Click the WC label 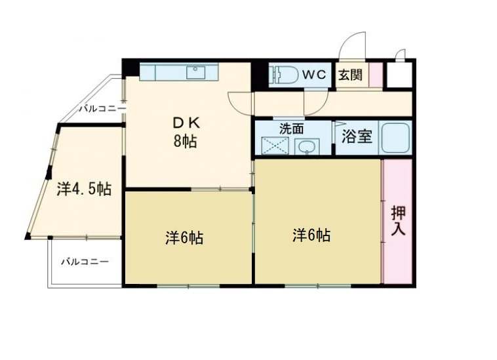pyautogui.click(x=313, y=75)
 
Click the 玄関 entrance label pyautogui.click(x=351, y=75)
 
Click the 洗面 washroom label pyautogui.click(x=292, y=129)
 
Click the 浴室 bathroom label pyautogui.click(x=357, y=137)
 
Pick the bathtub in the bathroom pyautogui.click(x=396, y=137)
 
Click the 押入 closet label pyautogui.click(x=398, y=220)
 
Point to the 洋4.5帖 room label pyautogui.click(x=83, y=190)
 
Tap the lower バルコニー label pyautogui.click(x=85, y=262)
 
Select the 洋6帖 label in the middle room pyautogui.click(x=184, y=237)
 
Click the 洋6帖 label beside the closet pyautogui.click(x=311, y=235)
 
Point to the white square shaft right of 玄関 pyautogui.click(x=398, y=75)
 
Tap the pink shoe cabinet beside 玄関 pyautogui.click(x=374, y=75)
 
